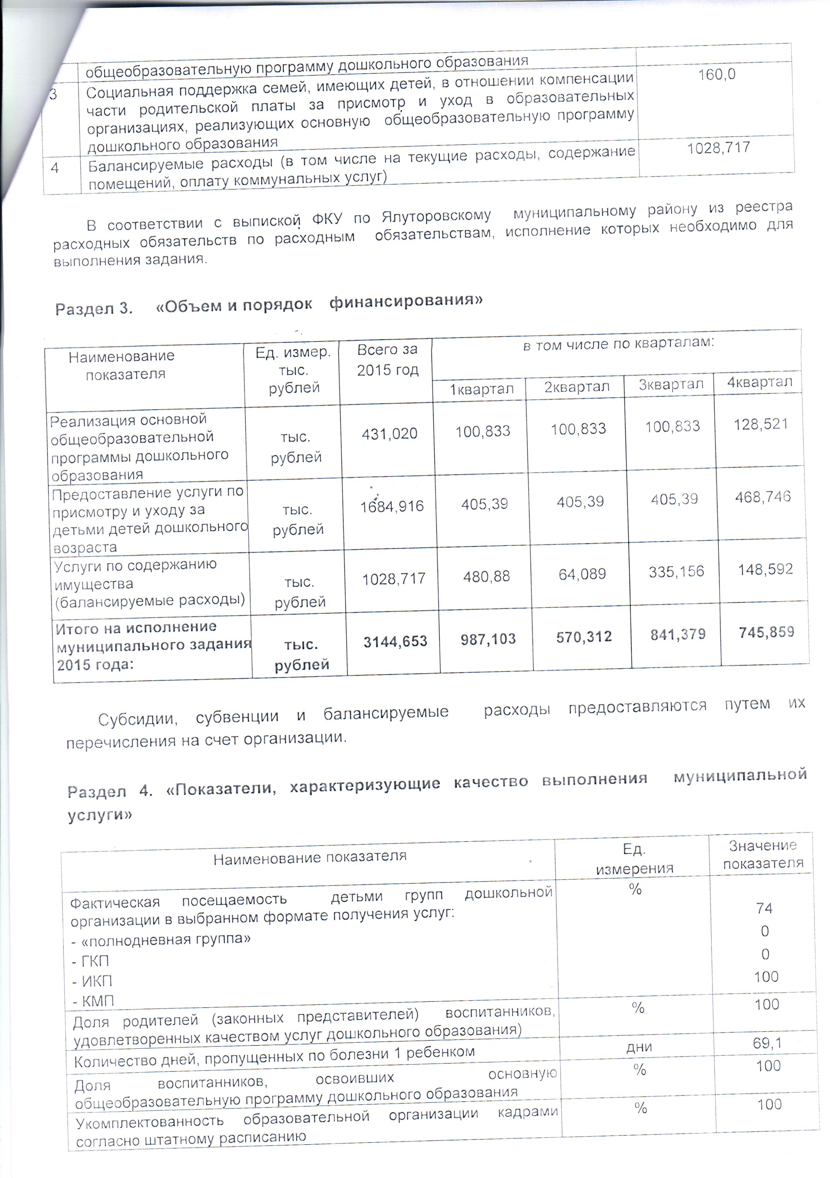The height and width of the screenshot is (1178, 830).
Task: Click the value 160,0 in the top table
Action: [717, 75]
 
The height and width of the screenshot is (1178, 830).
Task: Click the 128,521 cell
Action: [761, 424]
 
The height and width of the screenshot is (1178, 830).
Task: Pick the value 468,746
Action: [763, 497]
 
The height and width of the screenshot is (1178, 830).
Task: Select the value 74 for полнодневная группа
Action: [764, 908]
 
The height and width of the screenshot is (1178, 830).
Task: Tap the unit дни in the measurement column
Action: [639, 1047]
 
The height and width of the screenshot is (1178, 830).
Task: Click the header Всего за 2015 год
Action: [387, 360]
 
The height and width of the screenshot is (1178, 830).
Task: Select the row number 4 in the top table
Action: [55, 168]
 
